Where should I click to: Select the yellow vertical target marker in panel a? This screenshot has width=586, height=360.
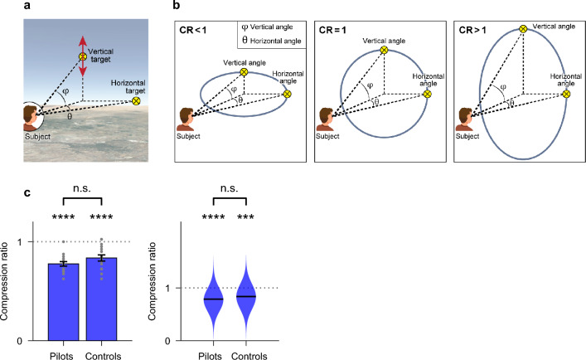81,57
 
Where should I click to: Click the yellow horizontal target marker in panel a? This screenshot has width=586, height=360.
137,101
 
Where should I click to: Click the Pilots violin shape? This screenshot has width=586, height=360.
214,294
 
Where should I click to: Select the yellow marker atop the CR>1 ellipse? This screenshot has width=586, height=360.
522,29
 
